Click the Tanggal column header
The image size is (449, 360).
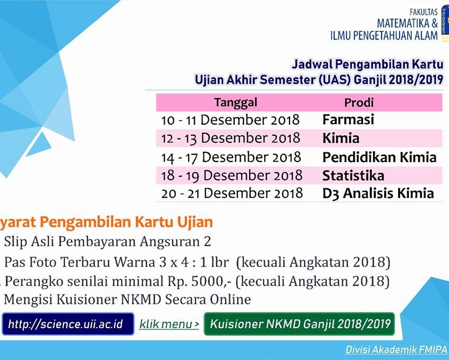click(236, 102)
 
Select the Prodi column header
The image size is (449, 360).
click(359, 102)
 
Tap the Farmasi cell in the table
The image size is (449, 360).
click(348, 119)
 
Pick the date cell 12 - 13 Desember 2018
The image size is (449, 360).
click(231, 138)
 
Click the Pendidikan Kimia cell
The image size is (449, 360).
click(379, 157)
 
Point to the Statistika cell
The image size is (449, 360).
click(353, 175)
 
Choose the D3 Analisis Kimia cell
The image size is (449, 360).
click(378, 193)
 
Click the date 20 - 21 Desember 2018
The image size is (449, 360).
click(232, 193)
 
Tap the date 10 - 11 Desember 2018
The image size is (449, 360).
click(230, 120)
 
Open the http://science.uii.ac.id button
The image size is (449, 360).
click(68, 324)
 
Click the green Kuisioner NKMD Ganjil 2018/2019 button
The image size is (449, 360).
click(299, 324)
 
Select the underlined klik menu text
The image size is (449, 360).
click(169, 324)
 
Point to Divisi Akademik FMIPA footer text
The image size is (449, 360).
click(396, 349)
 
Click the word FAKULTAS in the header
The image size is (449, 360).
click(423, 12)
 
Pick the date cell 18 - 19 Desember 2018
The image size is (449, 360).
click(232, 175)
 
